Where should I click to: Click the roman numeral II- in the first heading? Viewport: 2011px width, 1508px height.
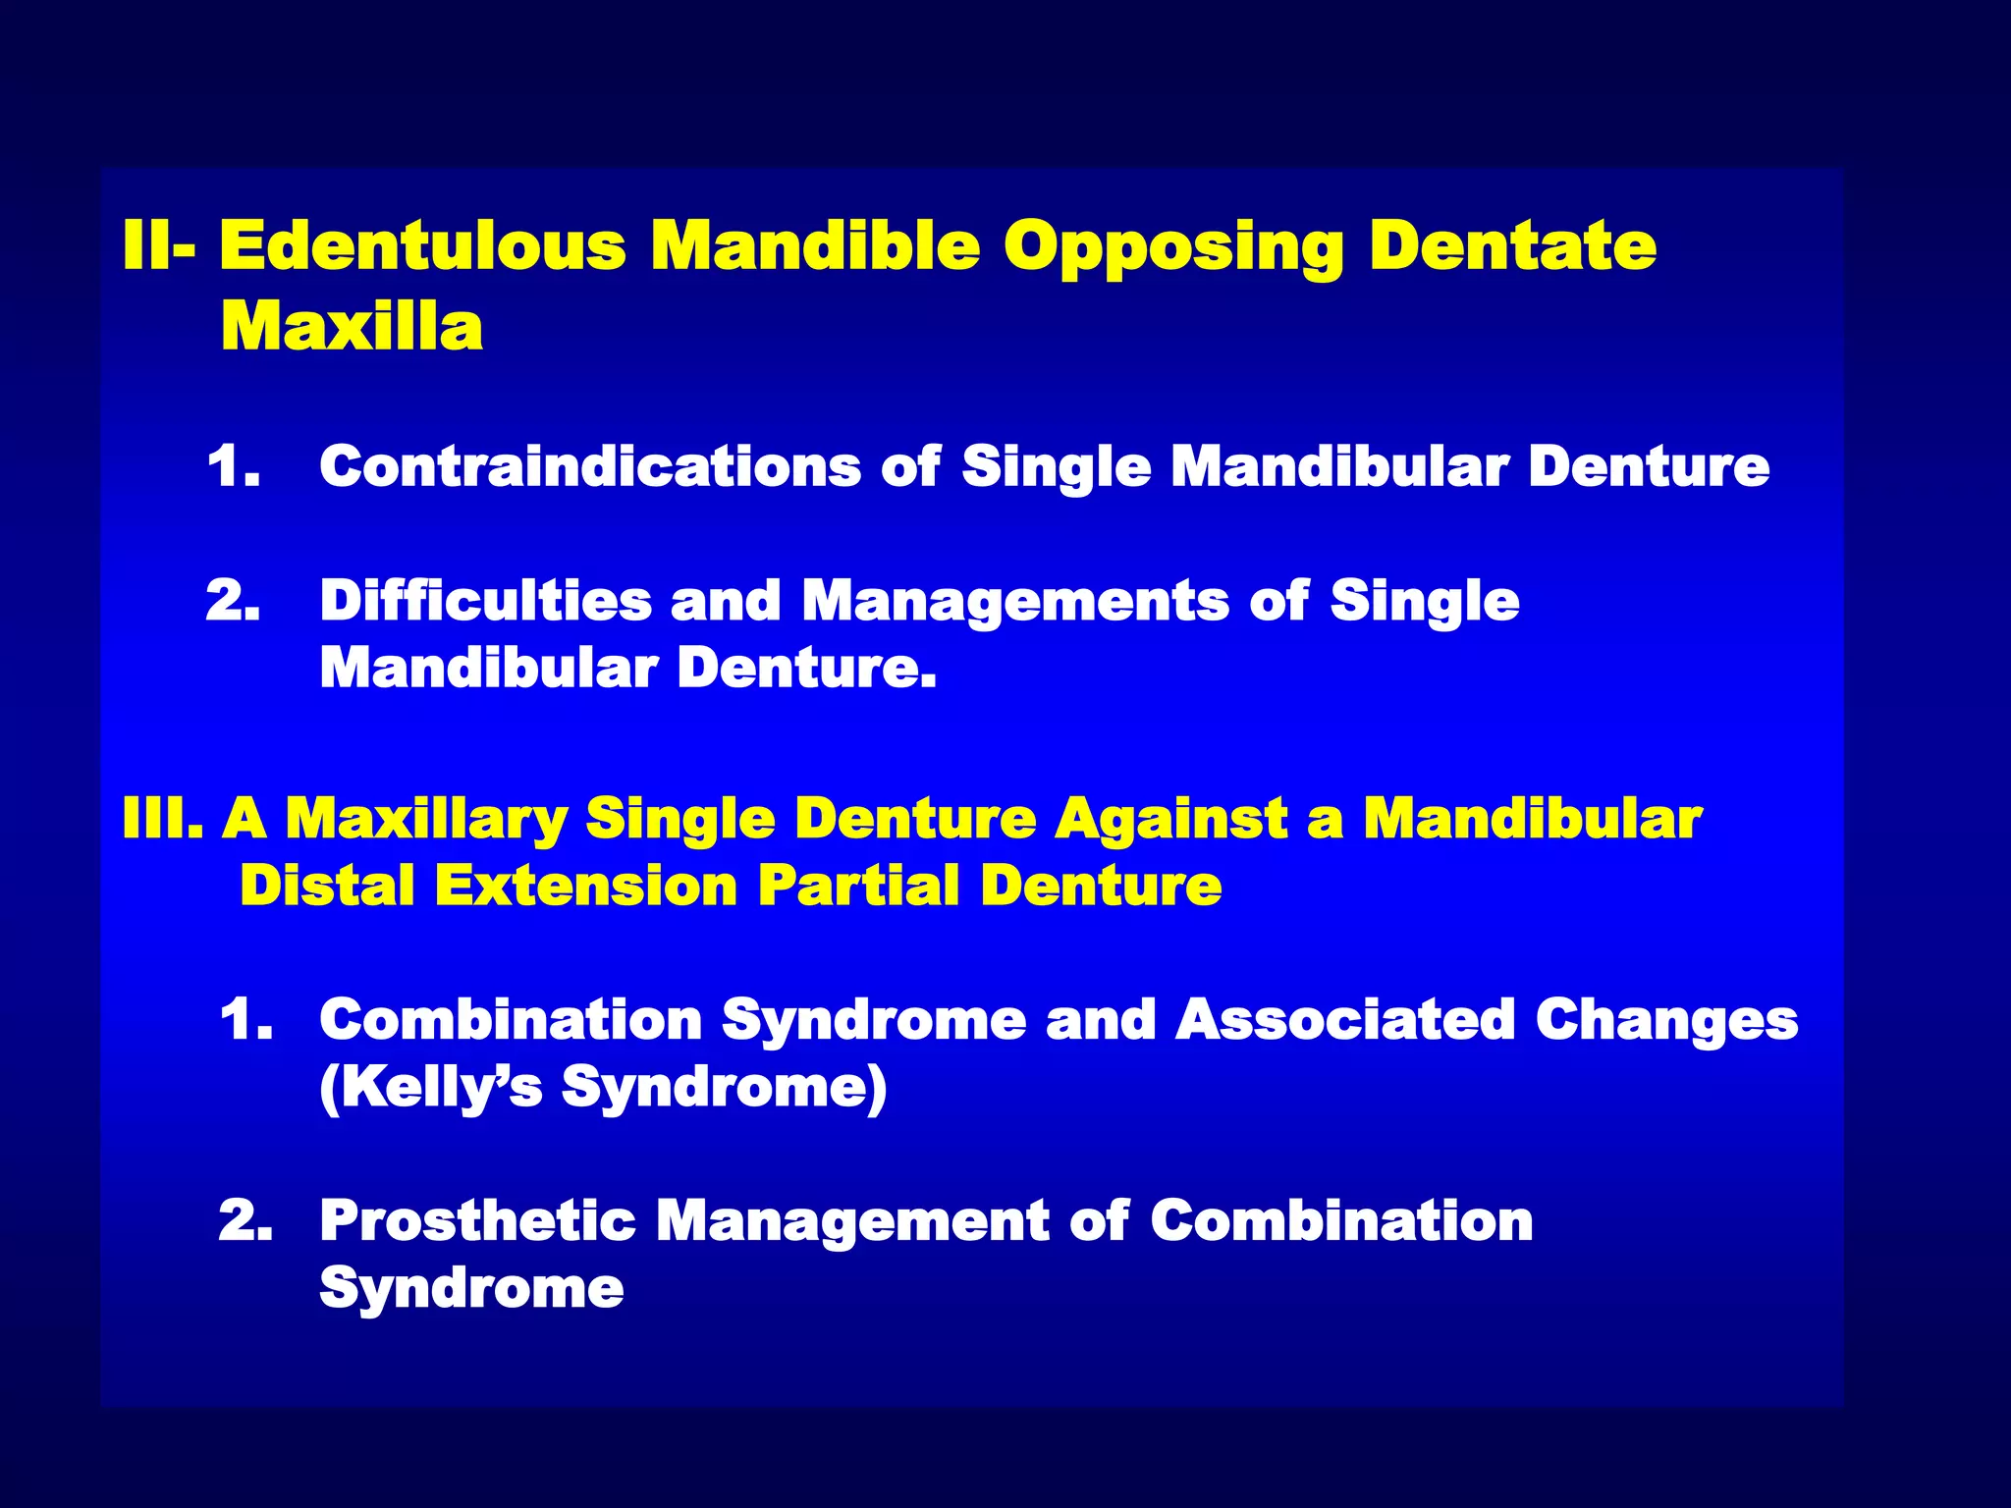click(158, 245)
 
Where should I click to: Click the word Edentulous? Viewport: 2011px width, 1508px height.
click(422, 245)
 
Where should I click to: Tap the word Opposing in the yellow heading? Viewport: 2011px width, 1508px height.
click(1173, 247)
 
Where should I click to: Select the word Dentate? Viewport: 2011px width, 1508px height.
click(1513, 245)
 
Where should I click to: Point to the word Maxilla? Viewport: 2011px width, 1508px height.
click(352, 326)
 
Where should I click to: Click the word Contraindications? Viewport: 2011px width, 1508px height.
click(590, 465)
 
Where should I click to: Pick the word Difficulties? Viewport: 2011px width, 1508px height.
click(485, 600)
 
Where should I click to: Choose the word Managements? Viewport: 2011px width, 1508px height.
click(1015, 602)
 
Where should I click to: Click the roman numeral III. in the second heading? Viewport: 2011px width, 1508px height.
click(163, 819)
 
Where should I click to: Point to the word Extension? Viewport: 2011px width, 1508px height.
click(586, 886)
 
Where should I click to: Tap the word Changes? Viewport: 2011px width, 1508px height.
click(1666, 1021)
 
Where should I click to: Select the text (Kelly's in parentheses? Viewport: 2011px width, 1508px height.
click(431, 1088)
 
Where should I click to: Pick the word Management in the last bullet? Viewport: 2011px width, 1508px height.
click(852, 1222)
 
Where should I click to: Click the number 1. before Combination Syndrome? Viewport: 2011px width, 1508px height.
click(246, 1019)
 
